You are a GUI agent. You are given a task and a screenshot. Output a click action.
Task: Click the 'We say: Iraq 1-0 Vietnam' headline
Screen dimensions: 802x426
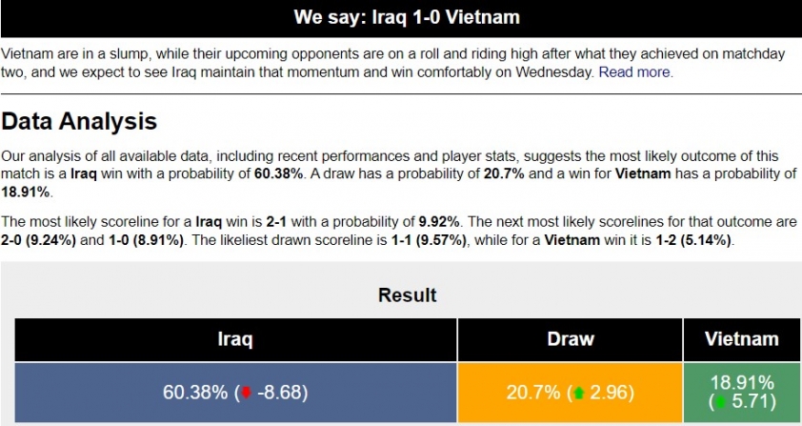click(x=407, y=17)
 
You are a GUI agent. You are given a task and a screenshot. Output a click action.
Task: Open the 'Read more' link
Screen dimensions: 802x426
click(x=634, y=72)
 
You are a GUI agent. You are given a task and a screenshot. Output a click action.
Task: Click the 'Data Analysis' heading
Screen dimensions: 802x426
click(x=79, y=122)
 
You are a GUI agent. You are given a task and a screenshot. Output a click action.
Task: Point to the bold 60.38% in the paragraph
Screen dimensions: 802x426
click(x=279, y=173)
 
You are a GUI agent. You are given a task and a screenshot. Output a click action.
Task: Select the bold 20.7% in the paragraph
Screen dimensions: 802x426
click(x=504, y=173)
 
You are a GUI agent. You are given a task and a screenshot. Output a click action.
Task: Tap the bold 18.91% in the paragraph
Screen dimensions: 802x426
click(x=25, y=192)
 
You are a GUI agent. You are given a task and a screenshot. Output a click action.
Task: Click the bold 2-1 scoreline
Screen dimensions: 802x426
click(x=276, y=222)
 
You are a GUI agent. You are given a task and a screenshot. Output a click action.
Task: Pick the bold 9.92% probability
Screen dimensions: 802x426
click(x=439, y=222)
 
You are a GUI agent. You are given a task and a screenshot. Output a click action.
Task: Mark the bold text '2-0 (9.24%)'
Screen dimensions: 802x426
click(x=38, y=239)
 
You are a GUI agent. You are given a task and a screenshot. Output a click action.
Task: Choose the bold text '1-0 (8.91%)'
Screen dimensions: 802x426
click(x=146, y=239)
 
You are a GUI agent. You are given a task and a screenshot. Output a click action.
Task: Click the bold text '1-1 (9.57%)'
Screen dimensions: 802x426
click(x=429, y=239)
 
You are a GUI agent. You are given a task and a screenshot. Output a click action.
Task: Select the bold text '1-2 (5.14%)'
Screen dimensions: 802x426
click(x=694, y=239)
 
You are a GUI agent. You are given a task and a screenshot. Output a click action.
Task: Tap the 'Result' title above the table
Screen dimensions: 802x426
click(x=407, y=295)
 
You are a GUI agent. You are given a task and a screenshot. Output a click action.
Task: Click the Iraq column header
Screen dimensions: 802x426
click(x=235, y=339)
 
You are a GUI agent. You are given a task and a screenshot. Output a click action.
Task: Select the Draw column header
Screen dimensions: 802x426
click(x=571, y=339)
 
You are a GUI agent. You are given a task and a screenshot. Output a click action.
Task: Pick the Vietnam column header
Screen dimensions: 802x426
click(x=742, y=339)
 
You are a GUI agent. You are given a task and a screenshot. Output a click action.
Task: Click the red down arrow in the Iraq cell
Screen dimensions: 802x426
click(x=247, y=393)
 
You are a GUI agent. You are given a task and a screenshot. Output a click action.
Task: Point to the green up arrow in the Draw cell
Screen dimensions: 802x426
click(x=579, y=393)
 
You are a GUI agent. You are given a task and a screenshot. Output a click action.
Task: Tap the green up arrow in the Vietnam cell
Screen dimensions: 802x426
click(x=720, y=402)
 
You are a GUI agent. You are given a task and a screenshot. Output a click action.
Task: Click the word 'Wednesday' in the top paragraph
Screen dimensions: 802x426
click(x=552, y=72)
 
